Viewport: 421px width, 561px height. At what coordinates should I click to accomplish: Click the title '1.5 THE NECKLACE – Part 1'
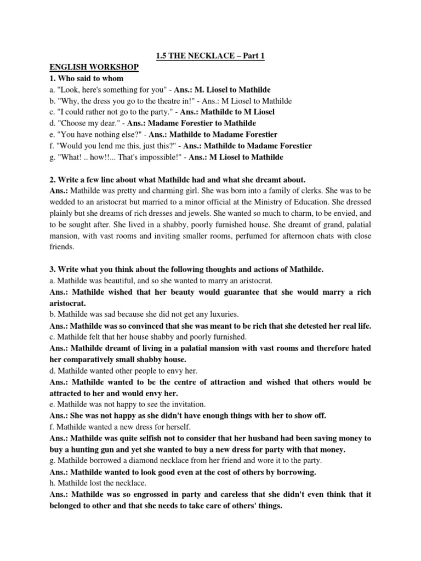(x=210, y=56)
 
